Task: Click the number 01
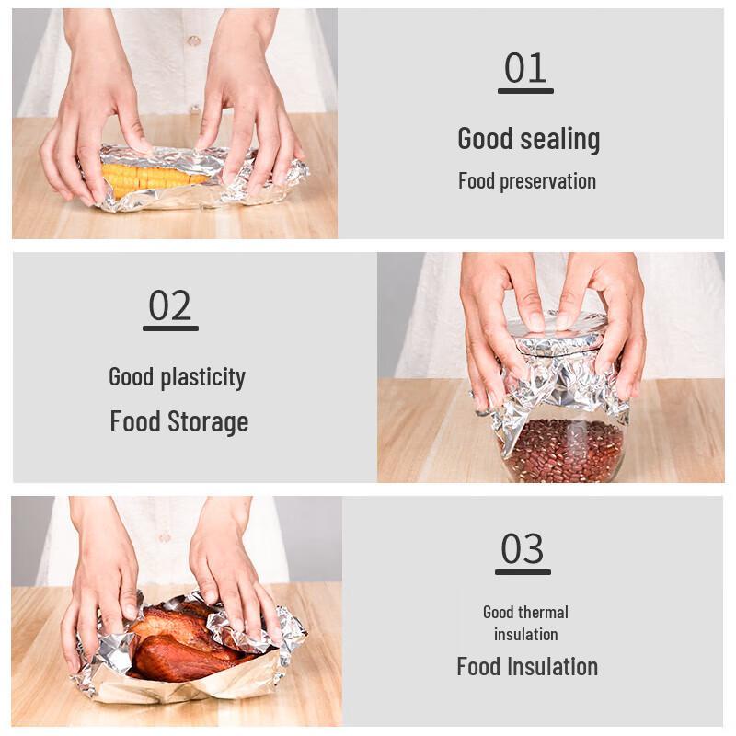(x=525, y=69)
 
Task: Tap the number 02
(x=170, y=306)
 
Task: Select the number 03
(x=523, y=549)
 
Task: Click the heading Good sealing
(x=528, y=139)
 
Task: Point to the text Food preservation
(x=527, y=181)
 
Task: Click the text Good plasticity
(x=177, y=377)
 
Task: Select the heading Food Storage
(x=179, y=422)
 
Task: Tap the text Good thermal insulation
(x=525, y=623)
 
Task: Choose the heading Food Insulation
(x=527, y=667)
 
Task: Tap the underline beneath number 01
(x=525, y=91)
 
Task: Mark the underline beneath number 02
(x=170, y=328)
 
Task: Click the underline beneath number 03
(x=523, y=572)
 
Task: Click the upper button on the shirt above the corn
(x=193, y=40)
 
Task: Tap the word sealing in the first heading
(x=560, y=139)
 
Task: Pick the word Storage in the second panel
(x=208, y=422)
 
